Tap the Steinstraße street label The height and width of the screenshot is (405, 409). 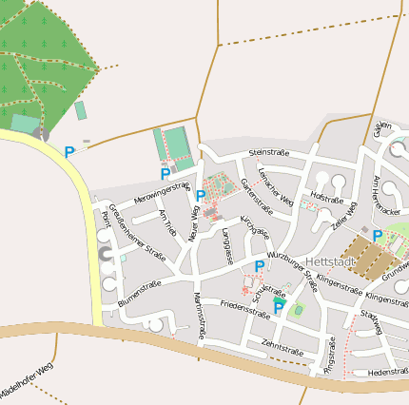(267, 152)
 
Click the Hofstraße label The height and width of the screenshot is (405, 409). (326, 199)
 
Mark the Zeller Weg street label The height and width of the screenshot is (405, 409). (343, 216)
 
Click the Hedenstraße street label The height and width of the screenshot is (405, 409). (386, 372)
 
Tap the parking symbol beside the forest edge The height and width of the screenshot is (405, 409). (69, 151)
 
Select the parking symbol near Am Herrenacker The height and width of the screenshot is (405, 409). (378, 235)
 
